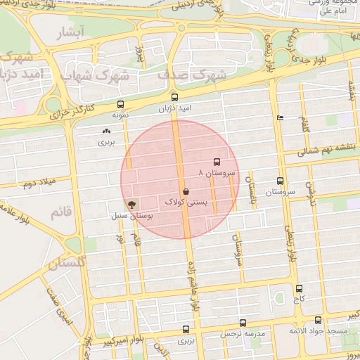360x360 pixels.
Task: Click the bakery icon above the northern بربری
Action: [x=106, y=131]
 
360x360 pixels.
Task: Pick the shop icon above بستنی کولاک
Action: [x=186, y=191]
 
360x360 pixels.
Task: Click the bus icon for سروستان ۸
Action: [x=215, y=161]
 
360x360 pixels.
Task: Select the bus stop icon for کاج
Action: [x=300, y=288]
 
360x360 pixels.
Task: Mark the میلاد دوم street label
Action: [x=38, y=184]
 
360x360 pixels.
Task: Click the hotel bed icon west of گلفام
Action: [x=281, y=118]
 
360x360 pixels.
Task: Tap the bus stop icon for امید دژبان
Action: [x=174, y=97]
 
